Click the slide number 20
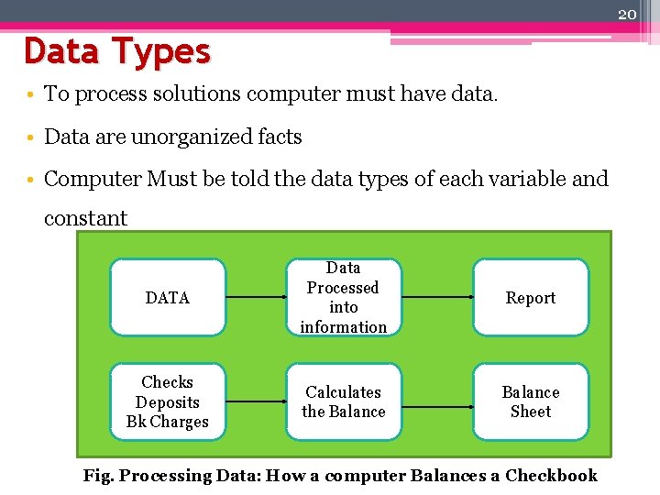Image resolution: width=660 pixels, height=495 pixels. coord(627,14)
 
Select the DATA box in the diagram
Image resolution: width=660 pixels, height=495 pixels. coord(168,298)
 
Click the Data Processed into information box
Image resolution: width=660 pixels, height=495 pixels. coord(344,298)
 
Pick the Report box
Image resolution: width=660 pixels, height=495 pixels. coord(531,298)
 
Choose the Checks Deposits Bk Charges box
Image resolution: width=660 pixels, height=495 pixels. coord(168,401)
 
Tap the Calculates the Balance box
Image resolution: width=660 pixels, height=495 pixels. coord(344,401)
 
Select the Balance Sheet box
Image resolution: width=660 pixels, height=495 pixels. coord(531,401)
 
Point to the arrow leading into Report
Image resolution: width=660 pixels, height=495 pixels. coord(436,298)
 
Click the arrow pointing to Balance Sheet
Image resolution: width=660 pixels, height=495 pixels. coord(436,401)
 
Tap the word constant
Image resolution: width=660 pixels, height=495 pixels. coord(85,218)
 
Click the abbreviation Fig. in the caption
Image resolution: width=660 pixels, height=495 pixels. coord(98,475)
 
